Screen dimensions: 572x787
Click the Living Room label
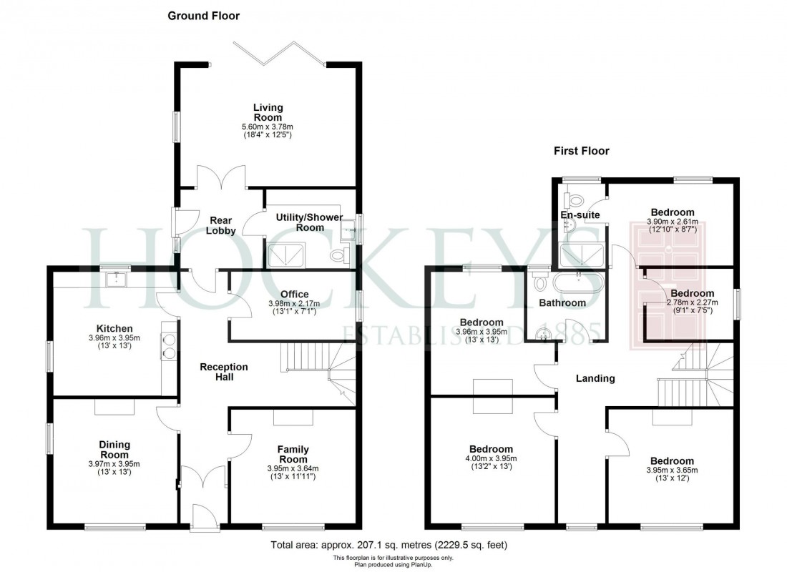pyautogui.click(x=268, y=112)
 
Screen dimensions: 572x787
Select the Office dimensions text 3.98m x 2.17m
pyautogui.click(x=295, y=303)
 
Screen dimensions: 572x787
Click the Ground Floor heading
pyautogui.click(x=203, y=15)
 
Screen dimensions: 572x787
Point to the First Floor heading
pyautogui.click(x=580, y=151)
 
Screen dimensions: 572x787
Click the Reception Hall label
pyautogui.click(x=224, y=371)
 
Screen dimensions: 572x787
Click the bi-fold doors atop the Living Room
pyautogui.click(x=280, y=54)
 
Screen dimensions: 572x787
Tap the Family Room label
pyautogui.click(x=293, y=454)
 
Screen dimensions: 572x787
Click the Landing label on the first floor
pyautogui.click(x=595, y=378)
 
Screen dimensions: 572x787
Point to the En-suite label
pyautogui.click(x=580, y=214)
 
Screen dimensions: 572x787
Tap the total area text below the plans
pyautogui.click(x=389, y=546)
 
